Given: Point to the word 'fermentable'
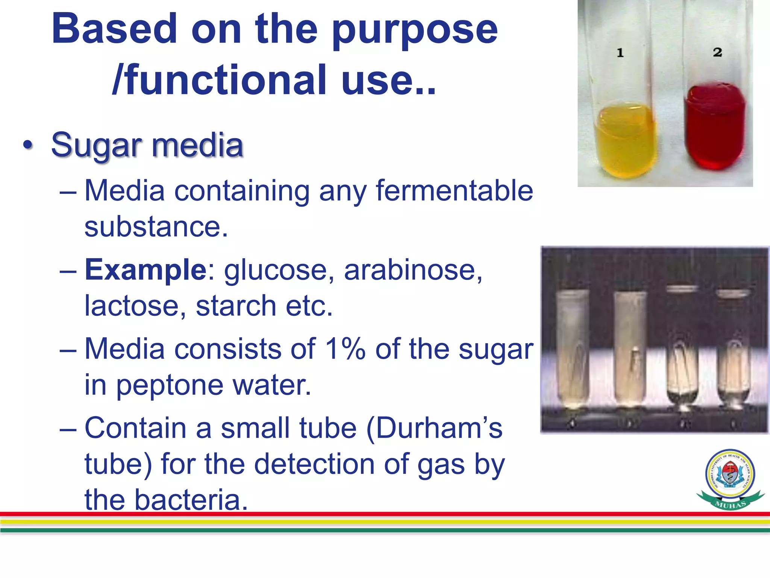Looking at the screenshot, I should click(x=454, y=191).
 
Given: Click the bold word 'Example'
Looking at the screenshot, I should click(x=146, y=270).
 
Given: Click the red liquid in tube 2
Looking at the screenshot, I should click(x=714, y=128).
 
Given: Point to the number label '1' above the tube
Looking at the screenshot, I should click(x=620, y=53).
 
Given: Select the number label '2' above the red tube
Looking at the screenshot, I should click(x=717, y=52).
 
